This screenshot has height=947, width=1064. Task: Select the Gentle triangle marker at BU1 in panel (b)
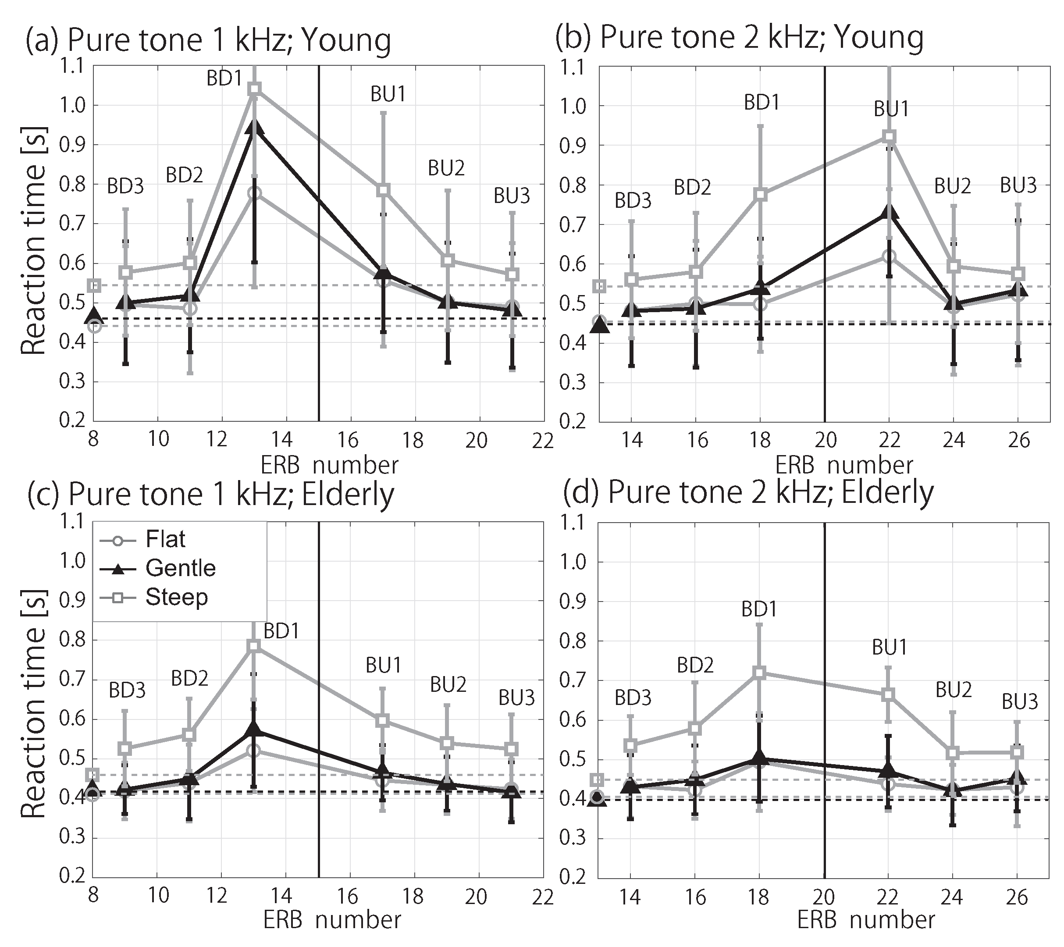(x=889, y=212)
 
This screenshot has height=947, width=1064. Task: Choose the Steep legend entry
(x=153, y=597)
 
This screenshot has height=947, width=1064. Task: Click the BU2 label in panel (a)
(x=446, y=168)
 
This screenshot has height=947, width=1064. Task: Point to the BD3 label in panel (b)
(x=633, y=200)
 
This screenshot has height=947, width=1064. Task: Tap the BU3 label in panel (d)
(x=1020, y=702)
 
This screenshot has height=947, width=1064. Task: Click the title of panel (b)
(x=739, y=37)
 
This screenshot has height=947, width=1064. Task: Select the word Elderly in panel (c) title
(x=348, y=494)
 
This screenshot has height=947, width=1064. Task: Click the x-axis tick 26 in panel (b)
(x=1019, y=441)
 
